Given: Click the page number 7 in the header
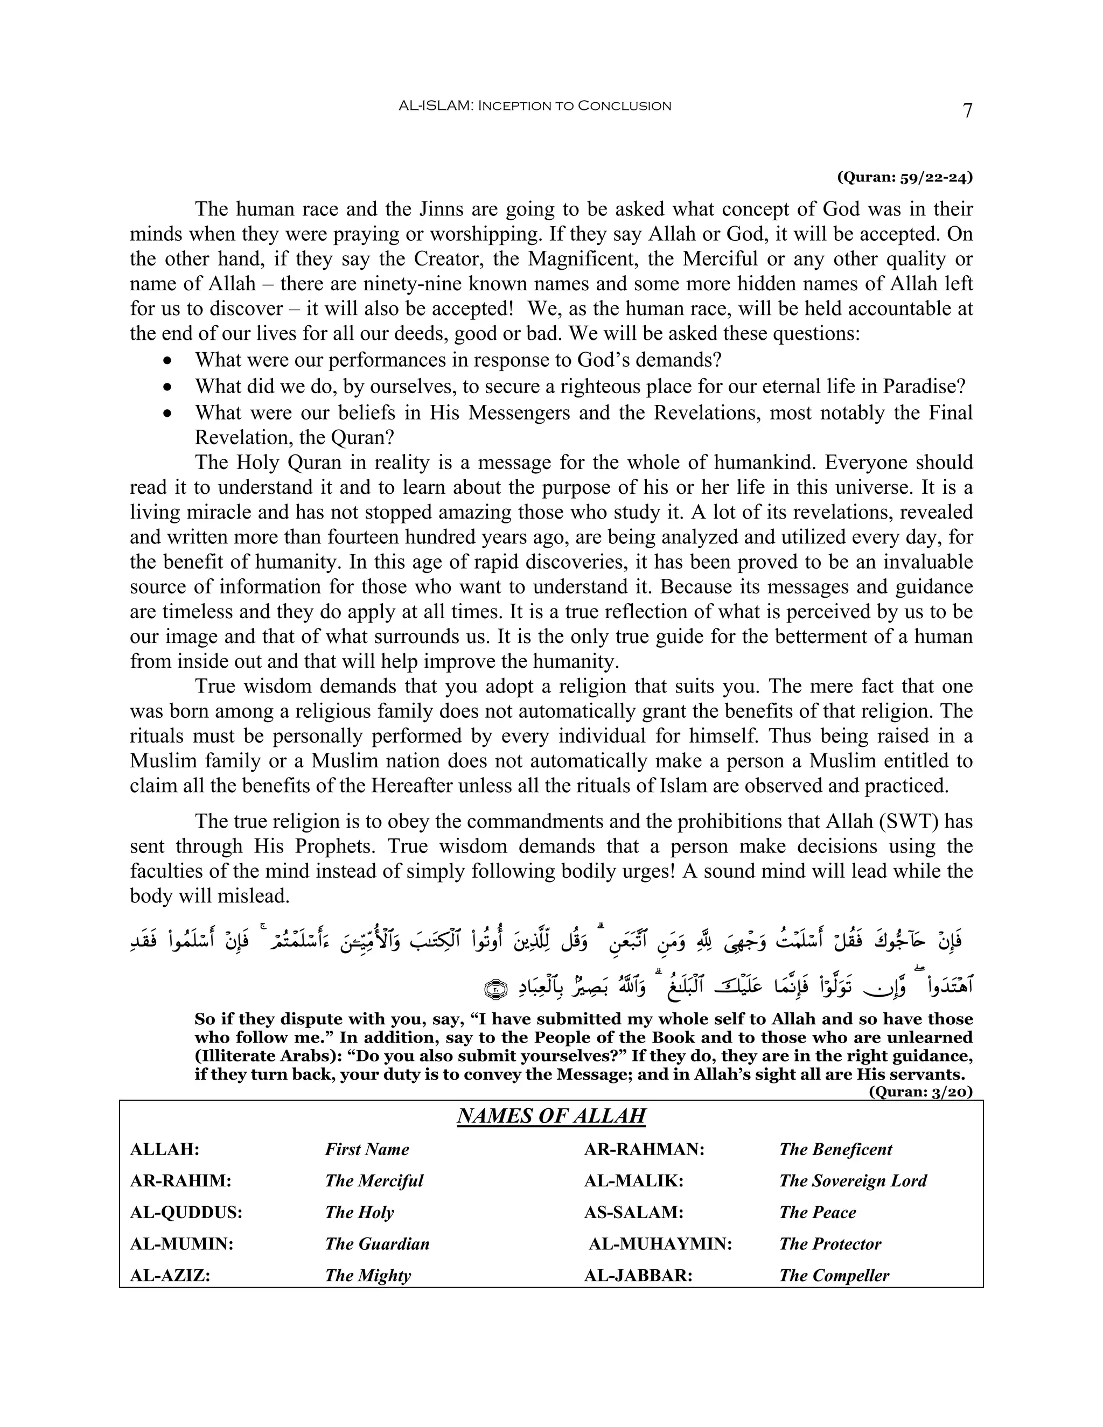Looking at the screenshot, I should click(968, 110).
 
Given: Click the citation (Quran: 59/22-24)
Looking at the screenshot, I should click(904, 177).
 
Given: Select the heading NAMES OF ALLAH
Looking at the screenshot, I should click(551, 1116).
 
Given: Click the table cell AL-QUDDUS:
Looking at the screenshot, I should click(186, 1213).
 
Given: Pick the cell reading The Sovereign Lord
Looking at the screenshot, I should click(853, 1181).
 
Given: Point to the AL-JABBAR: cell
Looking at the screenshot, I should click(638, 1275).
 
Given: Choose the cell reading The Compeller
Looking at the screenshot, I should click(834, 1275).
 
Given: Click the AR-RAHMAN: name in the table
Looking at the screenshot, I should click(644, 1149).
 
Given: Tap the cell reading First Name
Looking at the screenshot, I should click(367, 1149).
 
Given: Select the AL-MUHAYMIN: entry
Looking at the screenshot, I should click(660, 1244).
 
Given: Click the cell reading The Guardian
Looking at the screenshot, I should click(377, 1244).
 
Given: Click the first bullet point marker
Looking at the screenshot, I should click(169, 361).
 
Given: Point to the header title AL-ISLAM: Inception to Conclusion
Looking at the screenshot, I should click(534, 106).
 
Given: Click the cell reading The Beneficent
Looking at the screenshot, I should click(835, 1149).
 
